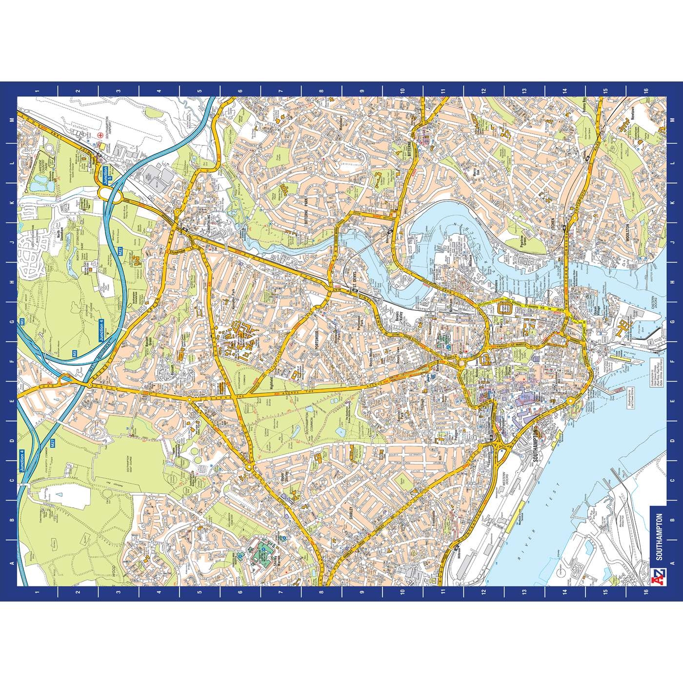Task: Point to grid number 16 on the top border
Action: pos(645,91)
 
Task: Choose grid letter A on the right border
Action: pos(673,563)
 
